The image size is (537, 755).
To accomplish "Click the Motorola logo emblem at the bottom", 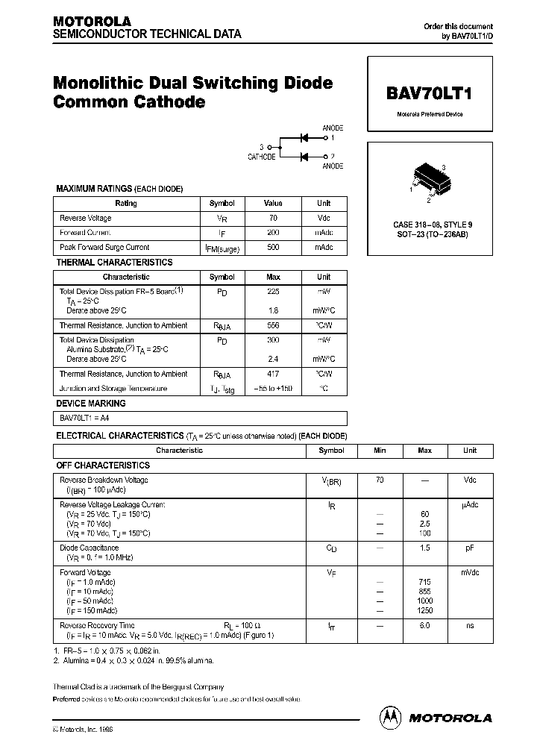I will tap(390, 717).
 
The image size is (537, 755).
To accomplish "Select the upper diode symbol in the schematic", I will tap(304, 137).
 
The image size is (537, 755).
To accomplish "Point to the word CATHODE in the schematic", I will tap(262, 157).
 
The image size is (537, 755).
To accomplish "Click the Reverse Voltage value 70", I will tap(273, 218).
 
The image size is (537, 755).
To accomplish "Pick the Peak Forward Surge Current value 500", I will tap(273, 247).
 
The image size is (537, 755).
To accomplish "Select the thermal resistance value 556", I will tap(273, 325).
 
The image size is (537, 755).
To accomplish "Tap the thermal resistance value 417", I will tap(273, 374).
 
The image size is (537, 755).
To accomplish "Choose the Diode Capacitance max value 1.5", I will tap(424, 548).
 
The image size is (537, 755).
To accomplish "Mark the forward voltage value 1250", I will tap(424, 610).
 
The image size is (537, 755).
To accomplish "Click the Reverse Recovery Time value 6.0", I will tap(424, 625).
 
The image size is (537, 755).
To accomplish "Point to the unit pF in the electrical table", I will tap(470, 548).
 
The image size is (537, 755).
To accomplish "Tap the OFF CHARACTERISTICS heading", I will tap(103, 465).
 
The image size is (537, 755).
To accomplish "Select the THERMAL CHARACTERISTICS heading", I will tap(114, 262).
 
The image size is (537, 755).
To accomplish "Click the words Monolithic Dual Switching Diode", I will tap(192, 83).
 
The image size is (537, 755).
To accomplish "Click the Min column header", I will tap(380, 451).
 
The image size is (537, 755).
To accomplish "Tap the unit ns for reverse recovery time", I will tap(470, 625).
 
